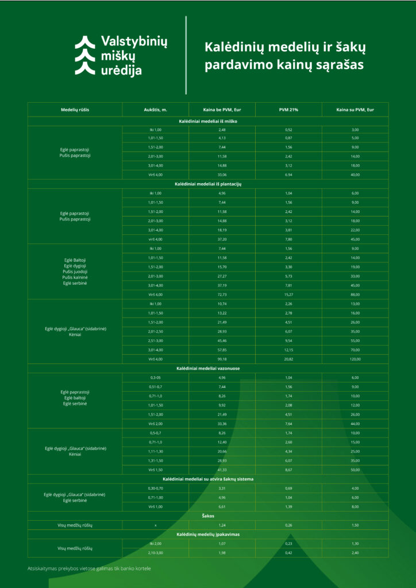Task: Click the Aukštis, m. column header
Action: pos(156,109)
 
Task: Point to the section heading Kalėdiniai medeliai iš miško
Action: pos(208,121)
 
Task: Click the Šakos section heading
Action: pos(208,516)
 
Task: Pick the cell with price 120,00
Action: pos(355,359)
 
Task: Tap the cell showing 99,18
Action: pos(222,359)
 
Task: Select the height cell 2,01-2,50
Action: pos(156,331)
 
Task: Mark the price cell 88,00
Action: pos(355,295)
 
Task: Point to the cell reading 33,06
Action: pos(222,174)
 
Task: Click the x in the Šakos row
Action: pos(156,525)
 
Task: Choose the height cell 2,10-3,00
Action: pos(156,552)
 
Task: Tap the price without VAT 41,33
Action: pos(222,470)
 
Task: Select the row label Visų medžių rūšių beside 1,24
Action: pos(75,525)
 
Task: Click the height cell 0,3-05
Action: pos(156,377)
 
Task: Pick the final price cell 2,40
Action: pos(355,552)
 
